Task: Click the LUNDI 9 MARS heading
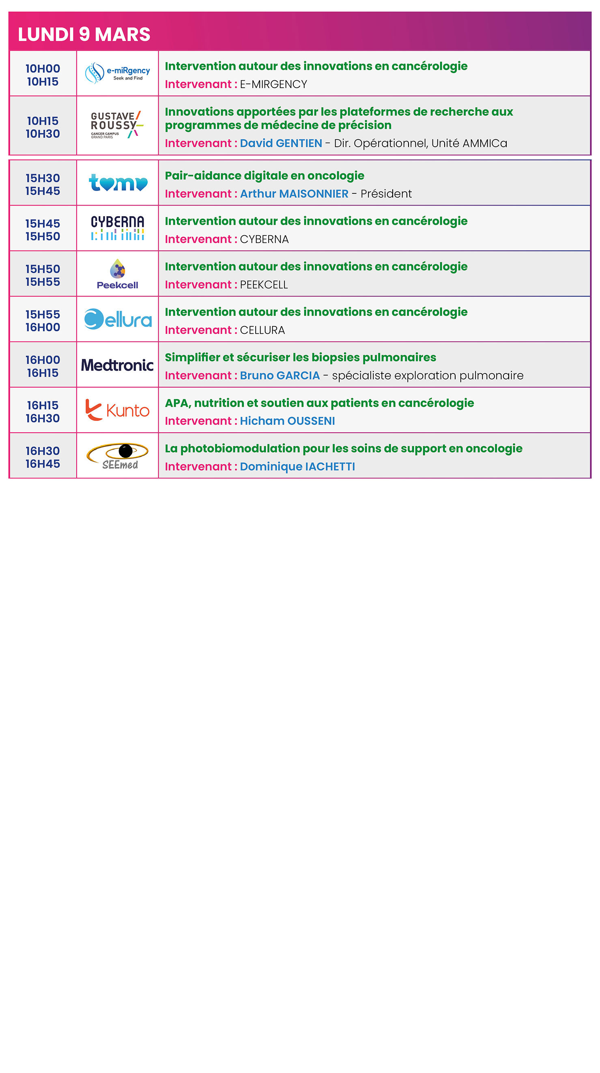coord(84,34)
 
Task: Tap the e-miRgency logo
coord(117,73)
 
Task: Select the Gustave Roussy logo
coord(117,125)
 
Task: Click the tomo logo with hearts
coord(118,183)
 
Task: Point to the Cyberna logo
coord(118,228)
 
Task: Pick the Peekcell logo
coord(118,274)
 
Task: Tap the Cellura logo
coord(118,320)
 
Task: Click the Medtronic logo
coord(118,365)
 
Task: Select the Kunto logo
coord(118,410)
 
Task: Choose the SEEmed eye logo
coord(118,456)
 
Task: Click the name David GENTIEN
coord(281,143)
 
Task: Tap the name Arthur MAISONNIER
coord(294,194)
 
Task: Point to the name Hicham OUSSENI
coord(287,421)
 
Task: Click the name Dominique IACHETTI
coord(297,466)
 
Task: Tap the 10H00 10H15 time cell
coord(43,75)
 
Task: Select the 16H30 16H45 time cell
coord(43,457)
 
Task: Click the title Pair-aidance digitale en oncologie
coord(265,176)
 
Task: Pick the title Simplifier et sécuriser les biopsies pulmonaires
coord(301,357)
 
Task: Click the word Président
coord(386,194)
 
